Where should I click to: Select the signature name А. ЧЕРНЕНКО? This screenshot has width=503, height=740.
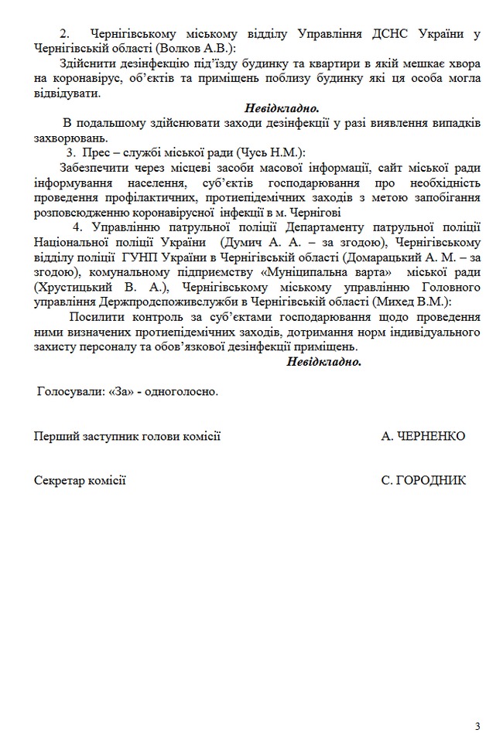pyautogui.click(x=423, y=436)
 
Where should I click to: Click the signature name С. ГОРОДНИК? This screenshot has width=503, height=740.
pyautogui.click(x=423, y=480)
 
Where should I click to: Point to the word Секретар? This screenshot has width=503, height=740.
pyautogui.click(x=58, y=480)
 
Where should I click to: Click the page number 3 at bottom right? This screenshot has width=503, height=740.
pyautogui.click(x=477, y=725)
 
